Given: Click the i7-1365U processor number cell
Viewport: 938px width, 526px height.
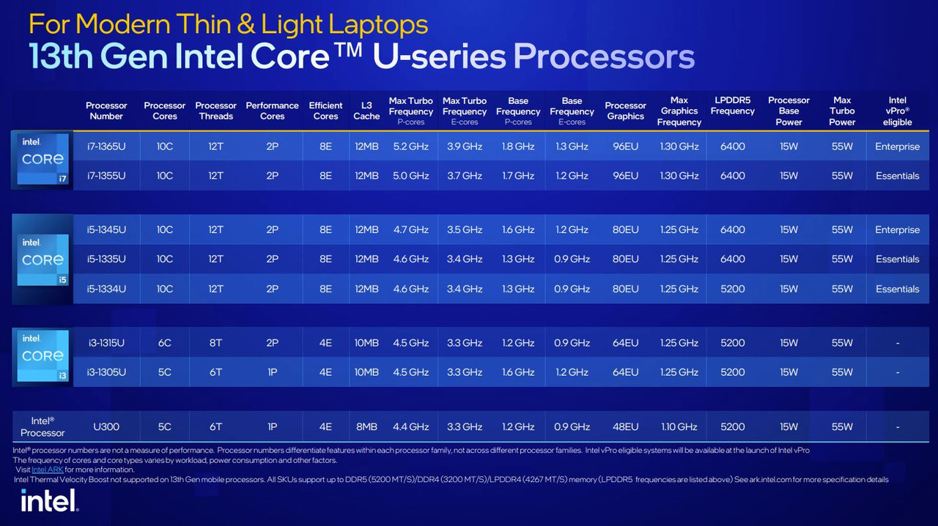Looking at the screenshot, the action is tap(106, 147).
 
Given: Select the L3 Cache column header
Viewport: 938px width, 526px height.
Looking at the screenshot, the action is tap(366, 111).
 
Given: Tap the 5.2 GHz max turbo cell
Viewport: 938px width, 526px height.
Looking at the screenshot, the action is tap(411, 147).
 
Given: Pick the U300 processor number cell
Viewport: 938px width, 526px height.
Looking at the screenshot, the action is tap(106, 427).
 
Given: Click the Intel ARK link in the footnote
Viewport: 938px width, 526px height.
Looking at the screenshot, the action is tap(48, 470).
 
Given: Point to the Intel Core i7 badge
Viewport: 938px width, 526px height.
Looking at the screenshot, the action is tap(43, 159).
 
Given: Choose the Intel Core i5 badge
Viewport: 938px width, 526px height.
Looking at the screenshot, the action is tap(43, 259).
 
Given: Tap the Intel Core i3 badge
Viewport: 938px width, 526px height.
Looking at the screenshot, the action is tap(43, 355).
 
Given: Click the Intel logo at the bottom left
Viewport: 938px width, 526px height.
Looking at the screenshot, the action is tap(50, 500).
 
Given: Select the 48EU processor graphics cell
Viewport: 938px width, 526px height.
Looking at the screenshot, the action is tap(626, 427).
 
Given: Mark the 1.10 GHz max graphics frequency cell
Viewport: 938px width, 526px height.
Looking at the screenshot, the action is tap(679, 427).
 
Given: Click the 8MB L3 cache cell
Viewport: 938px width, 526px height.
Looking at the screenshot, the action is tap(366, 427).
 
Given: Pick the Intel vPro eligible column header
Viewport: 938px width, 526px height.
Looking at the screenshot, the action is tap(898, 111).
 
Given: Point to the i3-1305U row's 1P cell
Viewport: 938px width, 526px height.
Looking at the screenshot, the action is tap(272, 372).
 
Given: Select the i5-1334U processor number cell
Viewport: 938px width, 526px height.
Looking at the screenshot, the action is tap(106, 289).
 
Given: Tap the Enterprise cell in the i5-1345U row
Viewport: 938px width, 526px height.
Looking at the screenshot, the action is tap(898, 229).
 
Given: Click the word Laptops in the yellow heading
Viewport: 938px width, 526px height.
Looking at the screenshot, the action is tap(378, 25).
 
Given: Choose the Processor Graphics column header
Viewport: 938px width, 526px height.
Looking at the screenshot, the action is tap(626, 111).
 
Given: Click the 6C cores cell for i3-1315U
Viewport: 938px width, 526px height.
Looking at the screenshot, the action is tap(165, 343).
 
